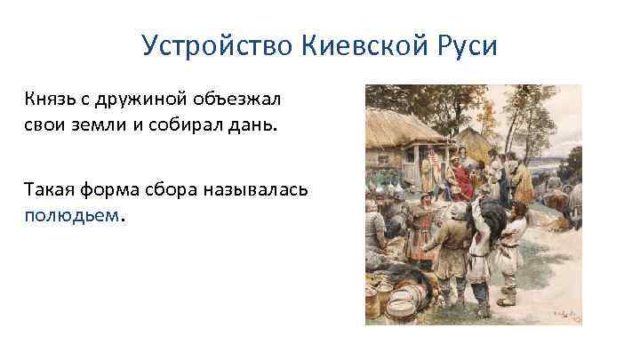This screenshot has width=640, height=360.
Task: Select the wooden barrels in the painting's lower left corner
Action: [x=400, y=298]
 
